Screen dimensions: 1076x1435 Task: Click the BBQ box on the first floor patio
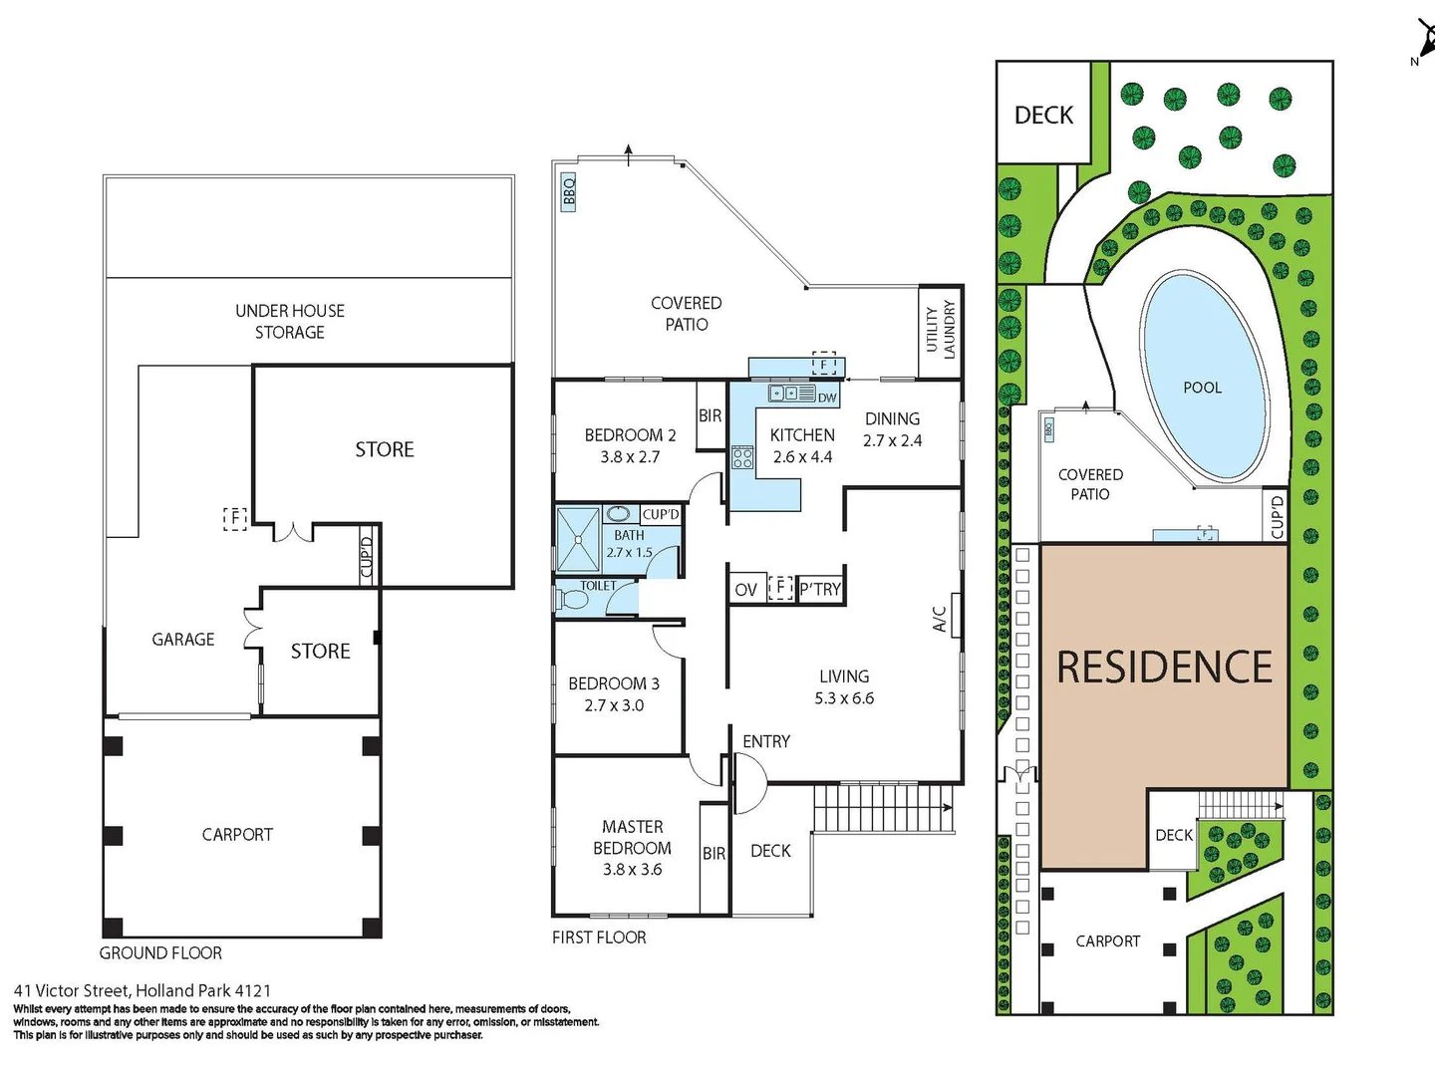569,190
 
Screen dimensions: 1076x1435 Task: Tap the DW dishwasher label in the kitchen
827,398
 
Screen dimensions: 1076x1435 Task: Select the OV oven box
745,590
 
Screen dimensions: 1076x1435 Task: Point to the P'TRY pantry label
820,590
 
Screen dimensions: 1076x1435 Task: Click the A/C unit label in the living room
940,619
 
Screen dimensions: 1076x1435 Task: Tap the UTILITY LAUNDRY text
940,329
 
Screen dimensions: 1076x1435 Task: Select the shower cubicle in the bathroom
578,539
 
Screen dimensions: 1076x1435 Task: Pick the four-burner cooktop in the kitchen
742,457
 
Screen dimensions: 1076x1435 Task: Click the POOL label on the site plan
1202,388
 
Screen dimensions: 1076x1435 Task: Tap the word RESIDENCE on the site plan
1164,668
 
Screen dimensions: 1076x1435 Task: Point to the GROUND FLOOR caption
160,953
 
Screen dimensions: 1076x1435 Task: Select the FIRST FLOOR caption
599,938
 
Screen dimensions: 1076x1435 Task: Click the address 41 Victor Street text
142,990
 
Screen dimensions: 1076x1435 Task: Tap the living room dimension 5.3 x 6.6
844,698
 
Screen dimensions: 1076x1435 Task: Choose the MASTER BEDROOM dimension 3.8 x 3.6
632,870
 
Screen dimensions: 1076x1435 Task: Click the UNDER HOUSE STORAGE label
290,321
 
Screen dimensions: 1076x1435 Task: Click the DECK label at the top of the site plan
1043,116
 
